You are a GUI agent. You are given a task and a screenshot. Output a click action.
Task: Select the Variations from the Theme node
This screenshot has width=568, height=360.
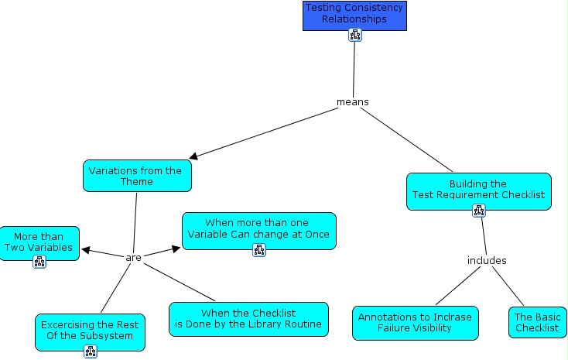pos(136,176)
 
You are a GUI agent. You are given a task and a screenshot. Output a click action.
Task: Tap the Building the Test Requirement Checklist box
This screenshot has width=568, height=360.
pos(478,190)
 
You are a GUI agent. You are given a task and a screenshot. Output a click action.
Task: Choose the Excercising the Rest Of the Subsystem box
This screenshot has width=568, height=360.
pos(90,330)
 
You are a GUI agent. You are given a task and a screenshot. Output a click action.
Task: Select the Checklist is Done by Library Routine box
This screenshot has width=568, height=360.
pos(248,319)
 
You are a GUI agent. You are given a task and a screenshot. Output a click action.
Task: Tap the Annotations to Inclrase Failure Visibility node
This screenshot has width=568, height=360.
pos(415,323)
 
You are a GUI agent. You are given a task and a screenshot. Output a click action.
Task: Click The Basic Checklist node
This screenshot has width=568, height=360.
pos(537,322)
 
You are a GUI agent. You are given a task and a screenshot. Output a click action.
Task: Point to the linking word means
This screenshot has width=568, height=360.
pos(352,101)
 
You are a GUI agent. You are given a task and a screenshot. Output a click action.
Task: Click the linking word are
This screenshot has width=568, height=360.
pos(134,257)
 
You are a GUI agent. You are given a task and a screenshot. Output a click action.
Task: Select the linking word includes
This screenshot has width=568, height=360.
pos(487,260)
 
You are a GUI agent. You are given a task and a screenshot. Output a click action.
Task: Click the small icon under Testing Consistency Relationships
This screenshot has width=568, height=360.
pos(355,35)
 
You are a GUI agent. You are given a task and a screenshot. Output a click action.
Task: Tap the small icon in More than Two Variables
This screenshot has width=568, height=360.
pos(39,262)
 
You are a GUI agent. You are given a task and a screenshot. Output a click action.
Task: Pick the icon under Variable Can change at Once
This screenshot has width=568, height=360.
pos(259,249)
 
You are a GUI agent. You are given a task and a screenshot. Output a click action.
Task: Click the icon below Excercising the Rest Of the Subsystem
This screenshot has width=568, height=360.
pos(91,352)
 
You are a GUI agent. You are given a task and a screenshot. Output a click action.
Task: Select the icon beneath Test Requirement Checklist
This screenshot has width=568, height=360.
pos(478,211)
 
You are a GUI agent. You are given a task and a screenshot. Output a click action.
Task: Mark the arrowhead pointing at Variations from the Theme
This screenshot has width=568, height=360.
pos(193,156)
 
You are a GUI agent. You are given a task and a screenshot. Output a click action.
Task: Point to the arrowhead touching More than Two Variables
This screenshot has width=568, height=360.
pos(85,250)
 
